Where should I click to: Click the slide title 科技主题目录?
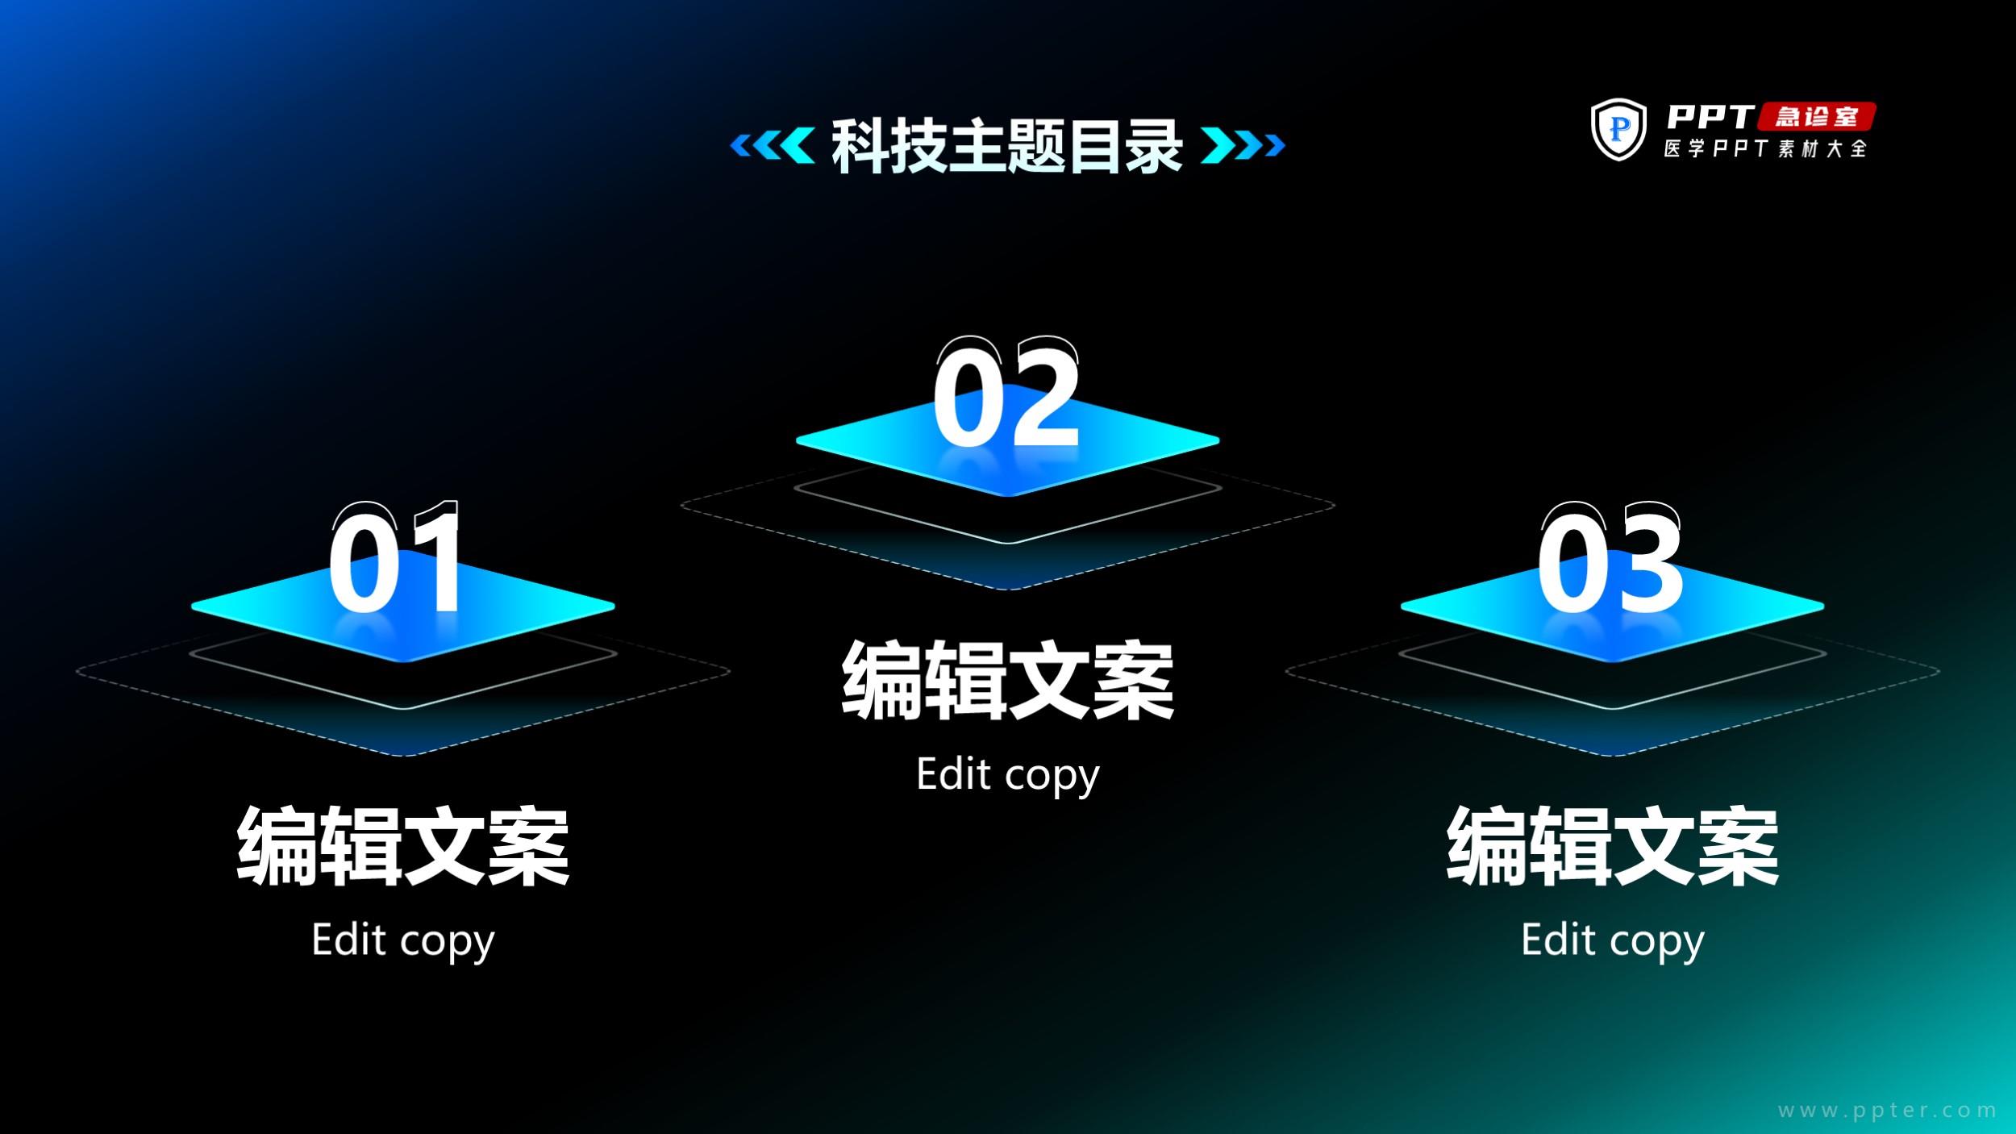[x=1007, y=146]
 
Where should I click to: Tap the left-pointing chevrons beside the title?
[x=772, y=145]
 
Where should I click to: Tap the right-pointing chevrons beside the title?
[x=1243, y=145]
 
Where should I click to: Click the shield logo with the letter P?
[x=1618, y=129]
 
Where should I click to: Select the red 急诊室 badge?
[x=1816, y=116]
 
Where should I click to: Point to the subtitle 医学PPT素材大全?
[x=1766, y=148]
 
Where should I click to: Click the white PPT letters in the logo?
[x=1710, y=116]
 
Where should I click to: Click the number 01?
[x=395, y=558]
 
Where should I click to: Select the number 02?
[x=1006, y=392]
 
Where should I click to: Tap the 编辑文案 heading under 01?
[x=403, y=846]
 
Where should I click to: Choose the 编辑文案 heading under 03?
[x=1613, y=846]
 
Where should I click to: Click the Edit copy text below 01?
[x=403, y=941]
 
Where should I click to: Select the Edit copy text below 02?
[x=1008, y=776]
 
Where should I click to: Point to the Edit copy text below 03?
[x=1613, y=941]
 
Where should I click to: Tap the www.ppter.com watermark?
[x=1887, y=1110]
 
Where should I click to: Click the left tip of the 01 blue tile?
[x=193, y=605]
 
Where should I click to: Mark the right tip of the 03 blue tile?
[x=1823, y=605]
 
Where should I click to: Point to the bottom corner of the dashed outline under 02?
[x=1008, y=590]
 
